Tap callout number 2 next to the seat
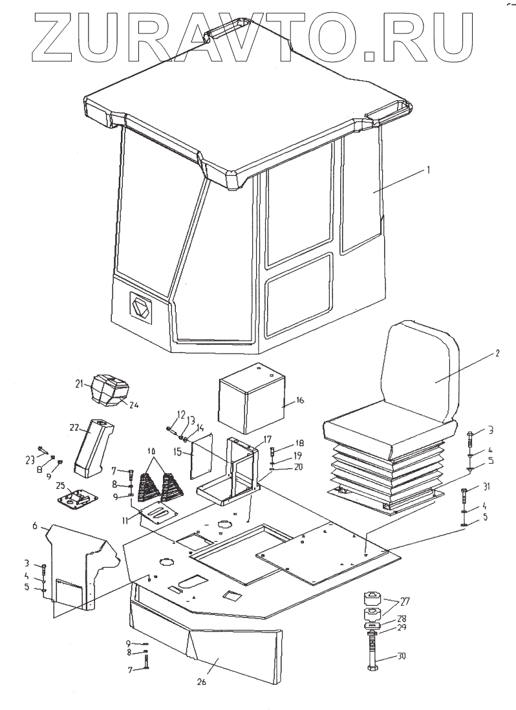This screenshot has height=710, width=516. [x=498, y=354]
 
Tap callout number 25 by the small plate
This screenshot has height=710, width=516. [x=59, y=486]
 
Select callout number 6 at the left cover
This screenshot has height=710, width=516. [x=46, y=528]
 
